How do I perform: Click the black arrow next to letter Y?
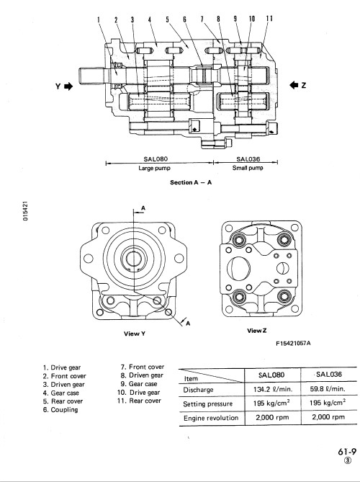(x=68, y=86)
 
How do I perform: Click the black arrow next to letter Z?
(x=294, y=85)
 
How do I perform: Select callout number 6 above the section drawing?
(x=184, y=19)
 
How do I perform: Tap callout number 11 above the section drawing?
(x=269, y=19)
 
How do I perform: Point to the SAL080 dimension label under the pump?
(x=156, y=159)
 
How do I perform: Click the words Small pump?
(x=248, y=168)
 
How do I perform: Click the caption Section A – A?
(x=191, y=182)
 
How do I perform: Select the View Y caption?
(x=135, y=334)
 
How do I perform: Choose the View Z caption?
(x=257, y=331)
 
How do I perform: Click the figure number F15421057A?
(x=293, y=343)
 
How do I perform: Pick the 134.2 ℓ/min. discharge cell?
(x=273, y=389)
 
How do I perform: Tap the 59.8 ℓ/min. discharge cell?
(x=328, y=389)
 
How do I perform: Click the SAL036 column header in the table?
(x=328, y=375)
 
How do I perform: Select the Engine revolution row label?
(x=211, y=418)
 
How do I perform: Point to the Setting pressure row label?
(x=207, y=403)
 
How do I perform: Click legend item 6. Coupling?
(x=60, y=410)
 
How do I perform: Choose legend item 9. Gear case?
(x=139, y=384)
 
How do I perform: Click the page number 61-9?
(x=347, y=452)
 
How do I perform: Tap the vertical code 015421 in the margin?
(x=25, y=211)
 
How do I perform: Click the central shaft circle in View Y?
(x=134, y=259)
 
